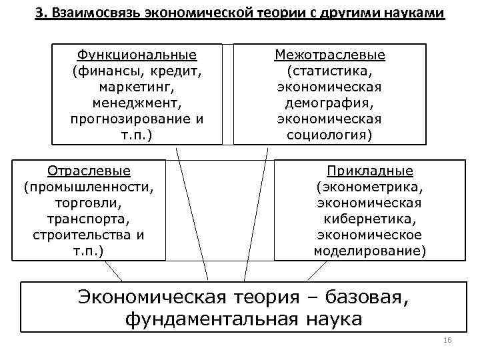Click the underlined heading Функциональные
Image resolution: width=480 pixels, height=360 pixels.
point(137,55)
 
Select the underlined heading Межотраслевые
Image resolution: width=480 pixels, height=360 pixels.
point(330,55)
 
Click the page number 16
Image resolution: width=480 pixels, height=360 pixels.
point(447,341)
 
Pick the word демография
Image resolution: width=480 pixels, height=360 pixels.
point(330,103)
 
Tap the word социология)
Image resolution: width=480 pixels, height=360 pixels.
point(330,135)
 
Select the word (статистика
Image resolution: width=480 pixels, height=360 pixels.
point(330,71)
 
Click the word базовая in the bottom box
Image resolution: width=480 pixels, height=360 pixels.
point(357,297)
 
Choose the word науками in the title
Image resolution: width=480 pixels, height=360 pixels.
point(412,14)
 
